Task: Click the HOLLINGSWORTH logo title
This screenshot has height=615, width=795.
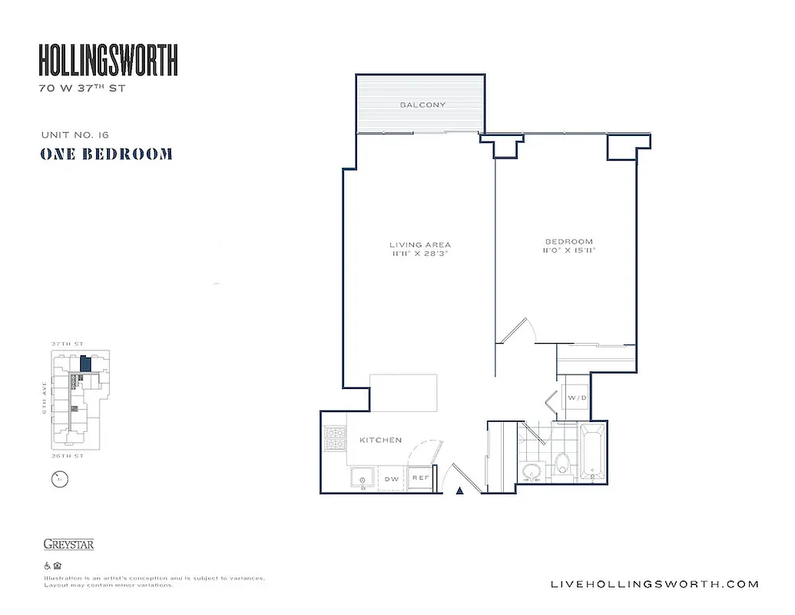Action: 108,60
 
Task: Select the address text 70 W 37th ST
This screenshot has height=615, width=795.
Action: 81,88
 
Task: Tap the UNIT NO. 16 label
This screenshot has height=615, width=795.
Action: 75,135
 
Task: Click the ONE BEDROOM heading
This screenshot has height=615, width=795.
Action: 106,154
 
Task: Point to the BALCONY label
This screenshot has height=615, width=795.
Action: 422,105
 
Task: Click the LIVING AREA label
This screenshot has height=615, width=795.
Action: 419,245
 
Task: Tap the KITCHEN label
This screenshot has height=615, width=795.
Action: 380,440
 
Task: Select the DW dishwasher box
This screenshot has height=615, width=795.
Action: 391,478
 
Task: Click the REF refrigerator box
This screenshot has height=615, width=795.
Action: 419,477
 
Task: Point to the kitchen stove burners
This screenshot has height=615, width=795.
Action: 336,440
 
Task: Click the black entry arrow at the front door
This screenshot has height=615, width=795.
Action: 460,490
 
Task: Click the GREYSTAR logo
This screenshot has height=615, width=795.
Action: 68,544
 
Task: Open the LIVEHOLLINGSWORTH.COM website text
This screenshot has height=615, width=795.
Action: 655,584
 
